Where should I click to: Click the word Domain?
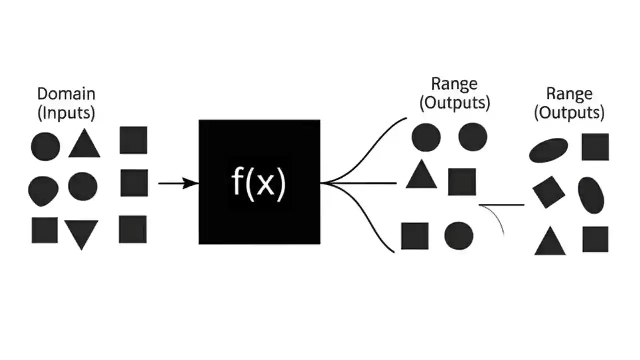(x=66, y=94)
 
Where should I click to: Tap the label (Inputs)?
(x=66, y=113)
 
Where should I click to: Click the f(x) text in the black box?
(x=259, y=183)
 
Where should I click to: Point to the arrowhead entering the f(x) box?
(x=192, y=183)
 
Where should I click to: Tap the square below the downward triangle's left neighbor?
(x=45, y=230)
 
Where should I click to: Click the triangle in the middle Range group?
(x=421, y=175)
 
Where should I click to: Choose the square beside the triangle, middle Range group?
(x=462, y=181)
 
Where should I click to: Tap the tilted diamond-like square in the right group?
(x=548, y=192)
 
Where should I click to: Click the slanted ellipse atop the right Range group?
(x=549, y=150)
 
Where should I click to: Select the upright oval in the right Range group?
(x=591, y=195)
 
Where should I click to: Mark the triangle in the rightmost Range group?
(x=550, y=242)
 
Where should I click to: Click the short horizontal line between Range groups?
(x=501, y=205)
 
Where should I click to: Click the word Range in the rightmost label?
(x=569, y=94)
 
